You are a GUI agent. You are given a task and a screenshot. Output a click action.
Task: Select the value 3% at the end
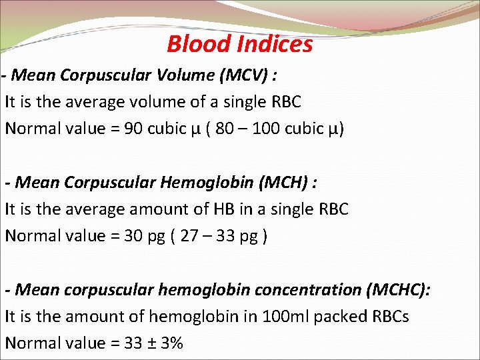[171, 343]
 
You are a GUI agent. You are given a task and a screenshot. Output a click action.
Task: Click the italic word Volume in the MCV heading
[183, 75]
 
